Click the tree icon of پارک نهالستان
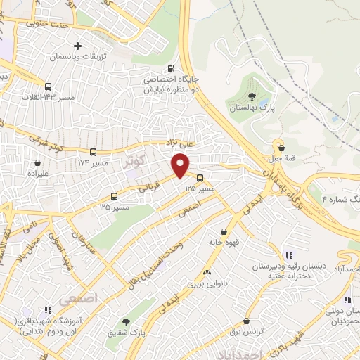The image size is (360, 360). point(252,96)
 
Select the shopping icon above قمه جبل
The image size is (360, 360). point(282,148)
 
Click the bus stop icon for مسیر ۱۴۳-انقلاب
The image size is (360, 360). point(48,87)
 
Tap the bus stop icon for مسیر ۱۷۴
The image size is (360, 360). point(94,152)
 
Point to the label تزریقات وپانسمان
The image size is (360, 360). point(78,56)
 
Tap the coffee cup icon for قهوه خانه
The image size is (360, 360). point(224,231)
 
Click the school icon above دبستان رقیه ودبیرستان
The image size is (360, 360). point(288,256)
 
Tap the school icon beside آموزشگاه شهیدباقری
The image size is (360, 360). point(48,309)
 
